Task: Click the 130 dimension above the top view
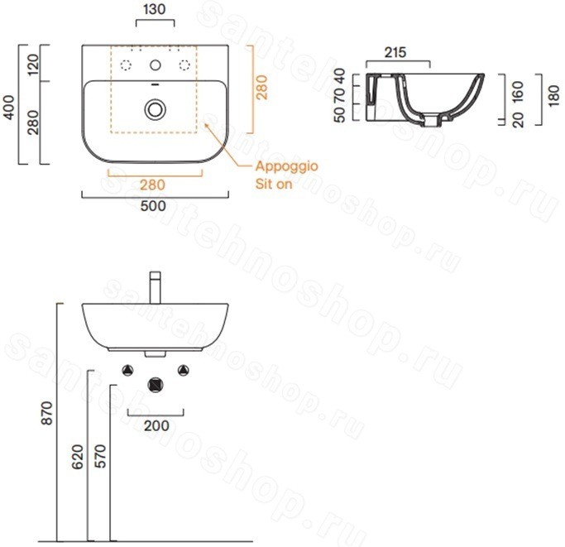pos(154,9)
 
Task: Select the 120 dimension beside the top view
pos(33,65)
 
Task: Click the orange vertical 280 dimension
pos(262,88)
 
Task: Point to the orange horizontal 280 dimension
pos(152,185)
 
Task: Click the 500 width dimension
pos(153,206)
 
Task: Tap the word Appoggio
pos(286,166)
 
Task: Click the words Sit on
pos(274,184)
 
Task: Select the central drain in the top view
pos(156,109)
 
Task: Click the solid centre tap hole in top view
pos(156,65)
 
